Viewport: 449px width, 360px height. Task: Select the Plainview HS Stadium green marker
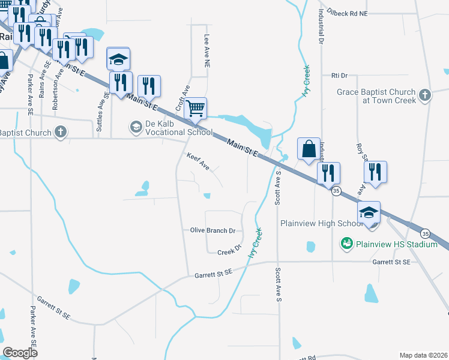click(x=346, y=244)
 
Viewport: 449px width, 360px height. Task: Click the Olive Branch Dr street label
click(x=212, y=230)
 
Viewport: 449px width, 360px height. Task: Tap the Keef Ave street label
click(x=197, y=161)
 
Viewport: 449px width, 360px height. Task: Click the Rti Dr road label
click(x=340, y=76)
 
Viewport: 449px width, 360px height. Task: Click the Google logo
click(x=20, y=353)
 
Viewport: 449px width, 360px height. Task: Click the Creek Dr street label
click(x=229, y=251)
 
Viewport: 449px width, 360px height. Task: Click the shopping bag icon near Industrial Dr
click(x=309, y=148)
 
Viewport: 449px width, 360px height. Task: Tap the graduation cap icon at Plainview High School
click(x=369, y=212)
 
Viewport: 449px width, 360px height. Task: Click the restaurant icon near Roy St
click(x=375, y=171)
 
